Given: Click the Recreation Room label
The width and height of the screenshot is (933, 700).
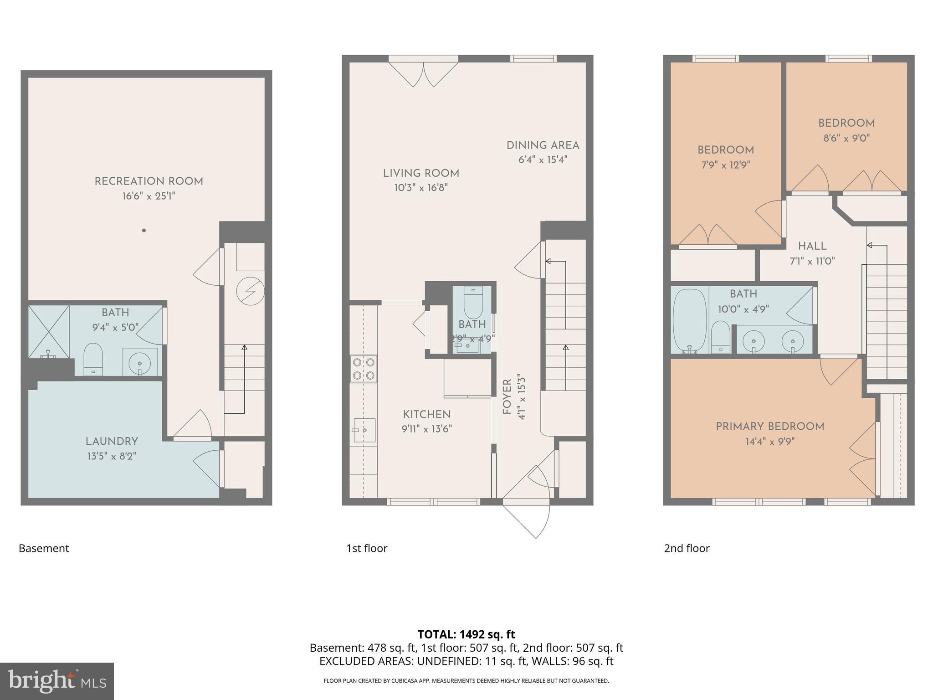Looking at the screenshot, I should (x=149, y=181).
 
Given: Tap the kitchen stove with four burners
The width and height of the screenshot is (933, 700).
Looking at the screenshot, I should (x=364, y=369).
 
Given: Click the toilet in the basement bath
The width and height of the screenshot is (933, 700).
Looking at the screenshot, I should (x=93, y=358).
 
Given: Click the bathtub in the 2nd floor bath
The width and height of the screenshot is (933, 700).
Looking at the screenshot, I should (x=690, y=321).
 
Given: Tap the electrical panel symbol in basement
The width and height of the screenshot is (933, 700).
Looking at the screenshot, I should (x=250, y=291).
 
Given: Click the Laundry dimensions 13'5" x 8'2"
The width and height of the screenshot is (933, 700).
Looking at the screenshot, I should (x=112, y=456).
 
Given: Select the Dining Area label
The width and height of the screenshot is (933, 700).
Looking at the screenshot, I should (x=543, y=145).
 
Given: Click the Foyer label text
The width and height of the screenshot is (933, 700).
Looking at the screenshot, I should (x=507, y=397).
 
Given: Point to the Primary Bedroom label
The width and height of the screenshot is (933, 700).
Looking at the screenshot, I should (x=770, y=427).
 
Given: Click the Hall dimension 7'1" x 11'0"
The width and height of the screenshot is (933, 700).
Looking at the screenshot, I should (x=812, y=261).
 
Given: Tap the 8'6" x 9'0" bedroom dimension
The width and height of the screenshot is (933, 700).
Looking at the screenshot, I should (x=846, y=138).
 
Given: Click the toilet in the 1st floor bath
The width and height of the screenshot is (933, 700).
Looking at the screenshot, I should (x=473, y=303).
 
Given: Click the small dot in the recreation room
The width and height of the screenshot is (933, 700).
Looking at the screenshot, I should (x=144, y=231).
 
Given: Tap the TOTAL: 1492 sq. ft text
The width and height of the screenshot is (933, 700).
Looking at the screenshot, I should (x=466, y=634).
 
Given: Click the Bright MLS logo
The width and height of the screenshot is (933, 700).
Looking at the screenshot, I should (x=57, y=681).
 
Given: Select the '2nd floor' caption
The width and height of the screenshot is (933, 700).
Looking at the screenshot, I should (x=687, y=548).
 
